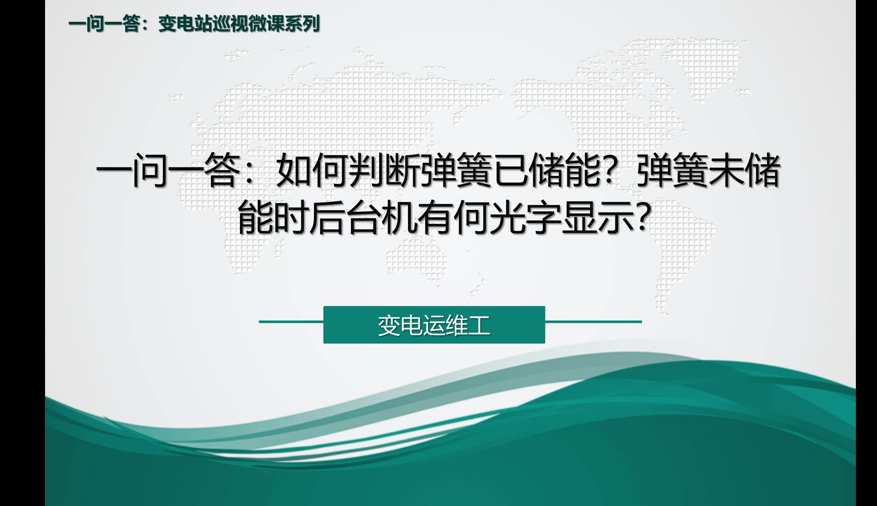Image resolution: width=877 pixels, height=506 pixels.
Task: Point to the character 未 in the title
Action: (726, 170)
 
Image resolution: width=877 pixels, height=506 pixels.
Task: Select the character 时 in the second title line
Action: (291, 217)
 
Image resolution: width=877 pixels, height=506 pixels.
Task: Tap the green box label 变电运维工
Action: (434, 325)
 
